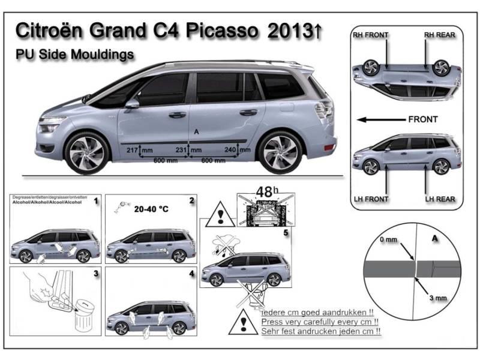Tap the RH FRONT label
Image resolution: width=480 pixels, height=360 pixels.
coord(370,35)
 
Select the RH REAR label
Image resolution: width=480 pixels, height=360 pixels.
coord(439,35)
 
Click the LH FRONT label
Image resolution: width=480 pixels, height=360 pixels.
coord(370,199)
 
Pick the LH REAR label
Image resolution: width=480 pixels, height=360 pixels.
coord(439,199)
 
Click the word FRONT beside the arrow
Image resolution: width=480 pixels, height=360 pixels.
coord(422,119)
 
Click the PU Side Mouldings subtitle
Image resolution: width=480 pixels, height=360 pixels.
coord(74,55)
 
